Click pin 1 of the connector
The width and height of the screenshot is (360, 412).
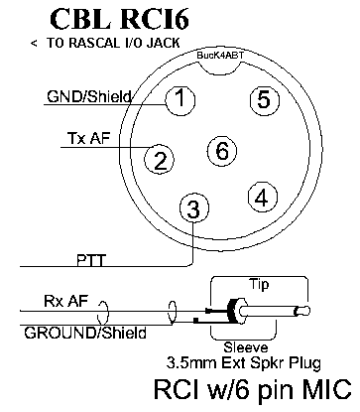180,99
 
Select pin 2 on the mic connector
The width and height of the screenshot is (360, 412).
160,159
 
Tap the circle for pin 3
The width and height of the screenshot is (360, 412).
194,207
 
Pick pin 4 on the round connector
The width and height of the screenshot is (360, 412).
263,197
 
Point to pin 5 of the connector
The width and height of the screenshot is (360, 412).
264,99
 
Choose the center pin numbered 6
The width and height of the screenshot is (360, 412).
222,151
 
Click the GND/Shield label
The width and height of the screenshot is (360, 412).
89,97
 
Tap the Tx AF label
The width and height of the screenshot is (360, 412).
88,138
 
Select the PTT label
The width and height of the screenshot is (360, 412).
91,260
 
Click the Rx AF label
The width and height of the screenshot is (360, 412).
66,301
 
